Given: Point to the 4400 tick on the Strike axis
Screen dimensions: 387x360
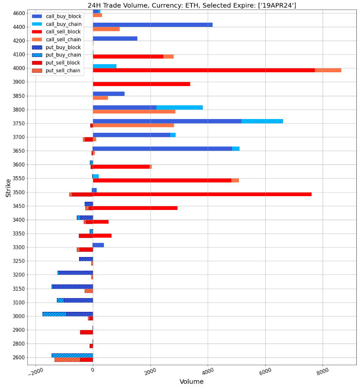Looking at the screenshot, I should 19,27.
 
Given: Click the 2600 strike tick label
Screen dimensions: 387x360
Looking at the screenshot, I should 19,357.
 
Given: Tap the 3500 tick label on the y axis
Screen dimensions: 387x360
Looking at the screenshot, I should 19,192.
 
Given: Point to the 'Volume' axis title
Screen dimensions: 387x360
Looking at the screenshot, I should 191,382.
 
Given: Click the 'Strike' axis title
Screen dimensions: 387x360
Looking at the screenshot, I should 8,188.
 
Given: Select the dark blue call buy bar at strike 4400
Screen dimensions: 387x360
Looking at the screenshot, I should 152,25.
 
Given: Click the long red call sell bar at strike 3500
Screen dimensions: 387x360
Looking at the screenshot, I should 202,194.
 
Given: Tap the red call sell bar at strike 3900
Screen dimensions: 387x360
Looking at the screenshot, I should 141,84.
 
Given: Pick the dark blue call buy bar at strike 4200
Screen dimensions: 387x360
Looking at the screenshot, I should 115,39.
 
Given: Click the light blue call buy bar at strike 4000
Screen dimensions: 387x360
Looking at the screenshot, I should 104,66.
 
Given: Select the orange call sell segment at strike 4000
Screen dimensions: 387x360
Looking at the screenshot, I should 328,70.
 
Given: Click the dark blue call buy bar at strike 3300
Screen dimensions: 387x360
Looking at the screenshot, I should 98,245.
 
